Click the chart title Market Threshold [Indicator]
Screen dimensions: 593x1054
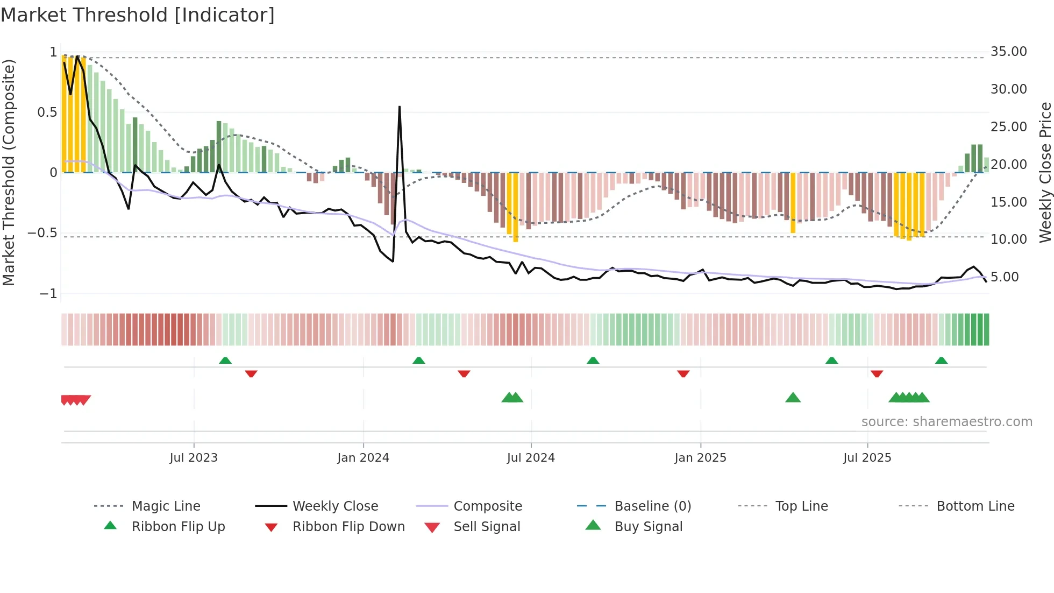pyautogui.click(x=138, y=15)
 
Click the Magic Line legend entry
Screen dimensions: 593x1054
pyautogui.click(x=166, y=506)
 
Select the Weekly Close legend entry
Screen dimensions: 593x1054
pyautogui.click(x=335, y=506)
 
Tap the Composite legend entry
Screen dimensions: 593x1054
pyautogui.click(x=487, y=506)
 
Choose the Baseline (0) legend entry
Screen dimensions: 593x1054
pyautogui.click(x=652, y=506)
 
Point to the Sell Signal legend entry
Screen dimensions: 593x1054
pyautogui.click(x=486, y=527)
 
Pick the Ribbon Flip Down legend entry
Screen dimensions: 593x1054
pyautogui.click(x=348, y=527)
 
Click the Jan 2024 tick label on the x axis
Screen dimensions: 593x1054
pyautogui.click(x=363, y=458)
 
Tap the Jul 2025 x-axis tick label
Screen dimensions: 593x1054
pyautogui.click(x=867, y=458)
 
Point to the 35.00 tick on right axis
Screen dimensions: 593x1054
pyautogui.click(x=1008, y=52)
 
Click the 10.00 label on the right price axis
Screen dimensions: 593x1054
pyautogui.click(x=1008, y=239)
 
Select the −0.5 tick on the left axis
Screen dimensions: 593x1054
pyautogui.click(x=42, y=233)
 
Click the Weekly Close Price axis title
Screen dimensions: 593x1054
pyautogui.click(x=1045, y=172)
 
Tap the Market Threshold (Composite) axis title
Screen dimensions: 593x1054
pyautogui.click(x=9, y=172)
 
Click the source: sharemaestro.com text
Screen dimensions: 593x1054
pyautogui.click(x=946, y=422)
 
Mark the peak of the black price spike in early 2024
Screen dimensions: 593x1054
pyautogui.click(x=400, y=107)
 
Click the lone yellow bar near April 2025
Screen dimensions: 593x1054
pyautogui.click(x=793, y=203)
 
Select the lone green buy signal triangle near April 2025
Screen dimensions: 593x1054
pyautogui.click(x=793, y=398)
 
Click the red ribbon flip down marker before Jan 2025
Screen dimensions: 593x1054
pyautogui.click(x=683, y=373)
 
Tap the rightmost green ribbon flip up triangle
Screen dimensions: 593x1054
pyautogui.click(x=941, y=361)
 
